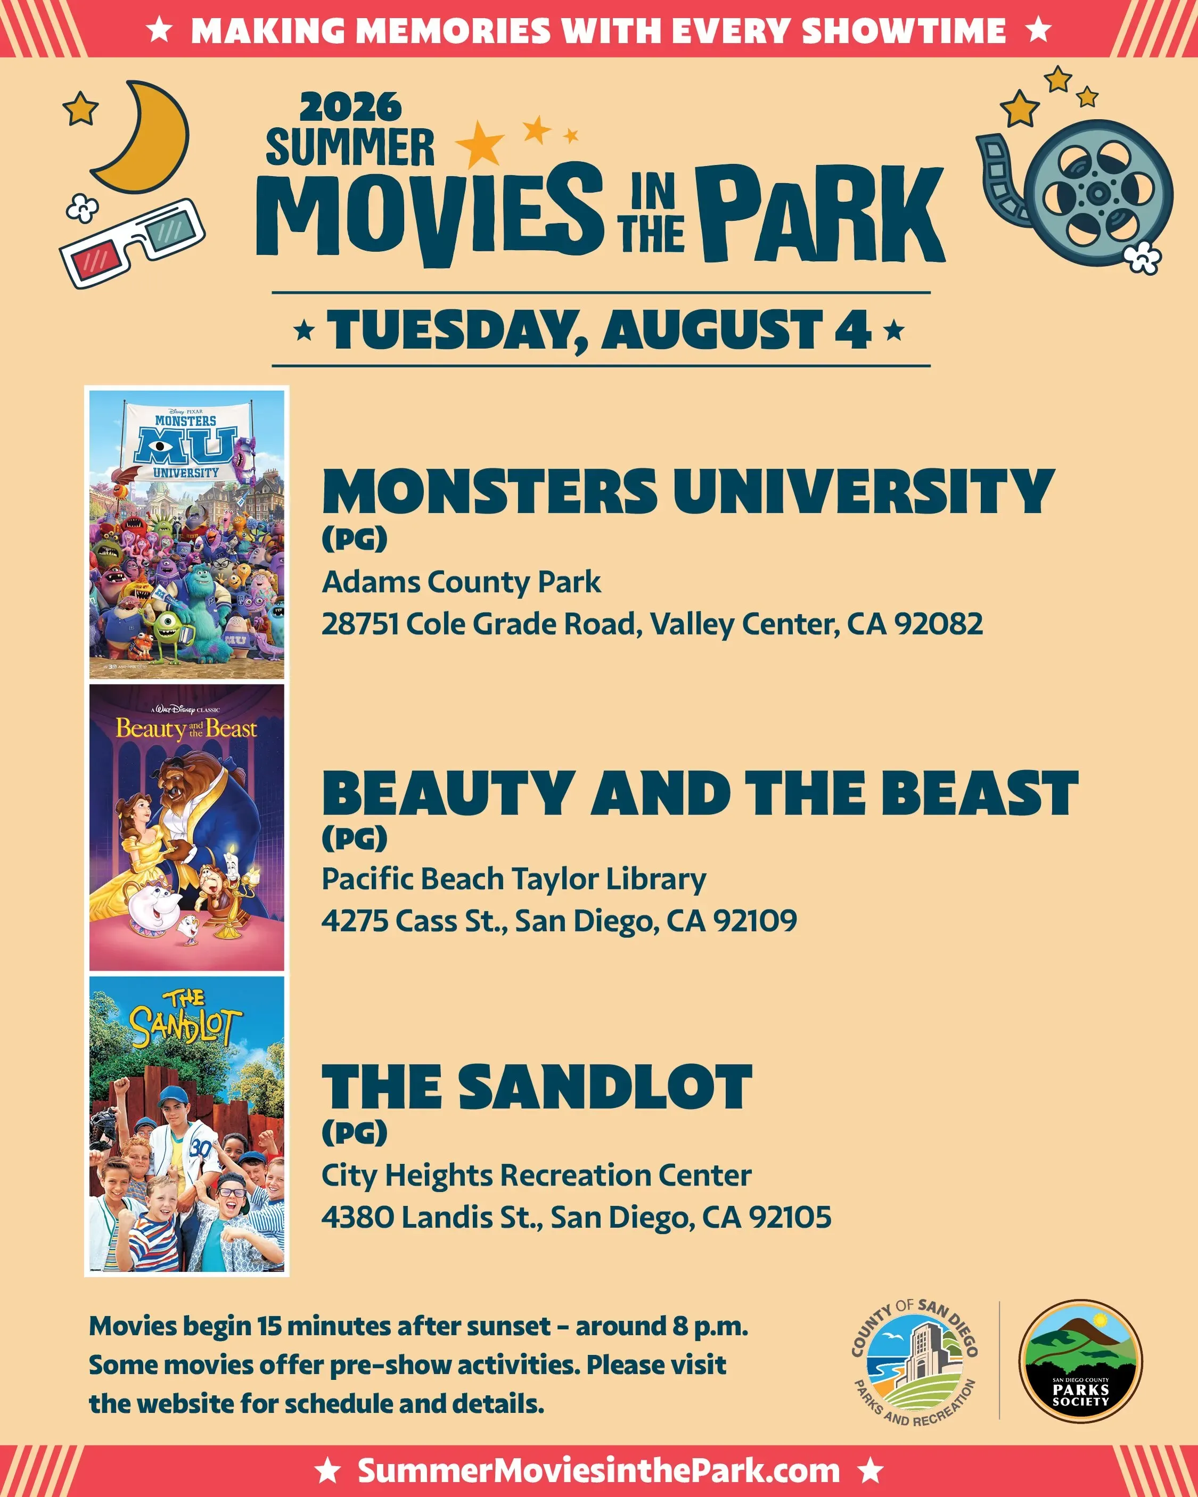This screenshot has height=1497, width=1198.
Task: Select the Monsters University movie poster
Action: (x=187, y=534)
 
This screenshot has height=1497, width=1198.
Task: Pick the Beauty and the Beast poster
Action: (x=187, y=827)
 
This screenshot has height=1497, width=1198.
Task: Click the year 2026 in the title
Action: (x=351, y=108)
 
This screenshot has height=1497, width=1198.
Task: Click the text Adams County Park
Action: (x=461, y=582)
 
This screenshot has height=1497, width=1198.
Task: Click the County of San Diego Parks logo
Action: (x=915, y=1362)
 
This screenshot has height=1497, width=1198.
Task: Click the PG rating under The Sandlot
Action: (x=354, y=1133)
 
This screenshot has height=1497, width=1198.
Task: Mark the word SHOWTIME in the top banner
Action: (x=904, y=30)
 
